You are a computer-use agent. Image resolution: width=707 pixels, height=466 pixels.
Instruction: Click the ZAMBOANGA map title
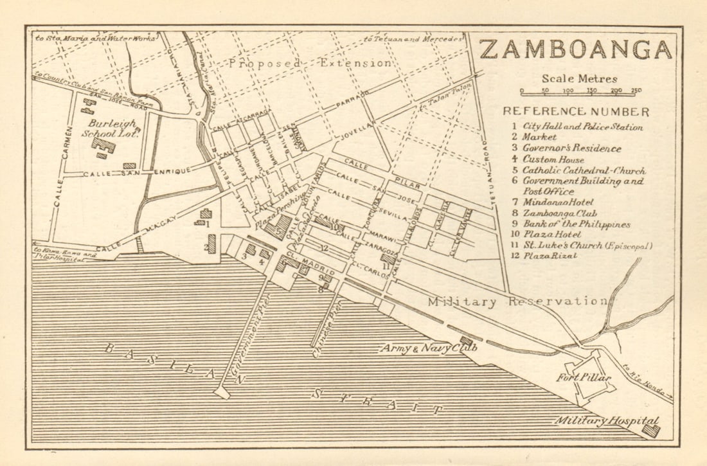pos(575,49)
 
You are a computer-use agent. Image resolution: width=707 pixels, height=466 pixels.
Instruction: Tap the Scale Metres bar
pos(580,91)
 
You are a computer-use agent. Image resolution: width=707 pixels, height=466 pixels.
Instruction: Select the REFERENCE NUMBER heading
pos(576,111)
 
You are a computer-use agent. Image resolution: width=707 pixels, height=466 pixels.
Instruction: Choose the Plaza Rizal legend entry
pos(553,256)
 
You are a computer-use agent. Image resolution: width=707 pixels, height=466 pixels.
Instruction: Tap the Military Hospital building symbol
pos(651,429)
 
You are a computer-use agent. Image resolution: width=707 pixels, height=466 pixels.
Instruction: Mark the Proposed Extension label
pos(310,63)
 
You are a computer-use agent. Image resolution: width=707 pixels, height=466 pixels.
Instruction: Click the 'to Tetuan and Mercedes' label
pos(413,39)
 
